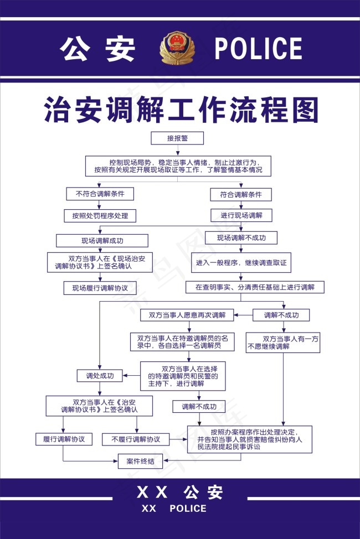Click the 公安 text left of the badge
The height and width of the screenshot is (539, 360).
(x=99, y=49)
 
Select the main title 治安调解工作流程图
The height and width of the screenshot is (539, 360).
(x=181, y=110)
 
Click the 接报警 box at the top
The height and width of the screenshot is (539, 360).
(x=177, y=138)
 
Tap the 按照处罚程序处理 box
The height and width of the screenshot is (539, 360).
(x=100, y=215)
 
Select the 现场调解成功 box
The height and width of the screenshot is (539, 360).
(x=102, y=241)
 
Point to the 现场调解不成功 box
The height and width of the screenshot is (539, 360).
(x=241, y=238)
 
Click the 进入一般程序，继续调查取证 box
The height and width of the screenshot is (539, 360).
(x=241, y=263)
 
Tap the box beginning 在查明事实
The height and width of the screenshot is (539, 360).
(x=254, y=287)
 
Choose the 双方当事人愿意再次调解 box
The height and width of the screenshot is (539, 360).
(x=187, y=315)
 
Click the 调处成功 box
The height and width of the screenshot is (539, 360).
(x=100, y=376)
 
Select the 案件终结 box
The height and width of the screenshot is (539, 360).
(x=140, y=460)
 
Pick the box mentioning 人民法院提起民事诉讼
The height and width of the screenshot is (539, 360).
(x=249, y=439)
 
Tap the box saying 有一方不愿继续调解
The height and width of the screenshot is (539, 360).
(x=282, y=342)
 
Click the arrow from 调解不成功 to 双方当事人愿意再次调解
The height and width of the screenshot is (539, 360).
(x=244, y=315)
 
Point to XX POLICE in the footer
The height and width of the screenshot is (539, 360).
(x=174, y=509)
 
